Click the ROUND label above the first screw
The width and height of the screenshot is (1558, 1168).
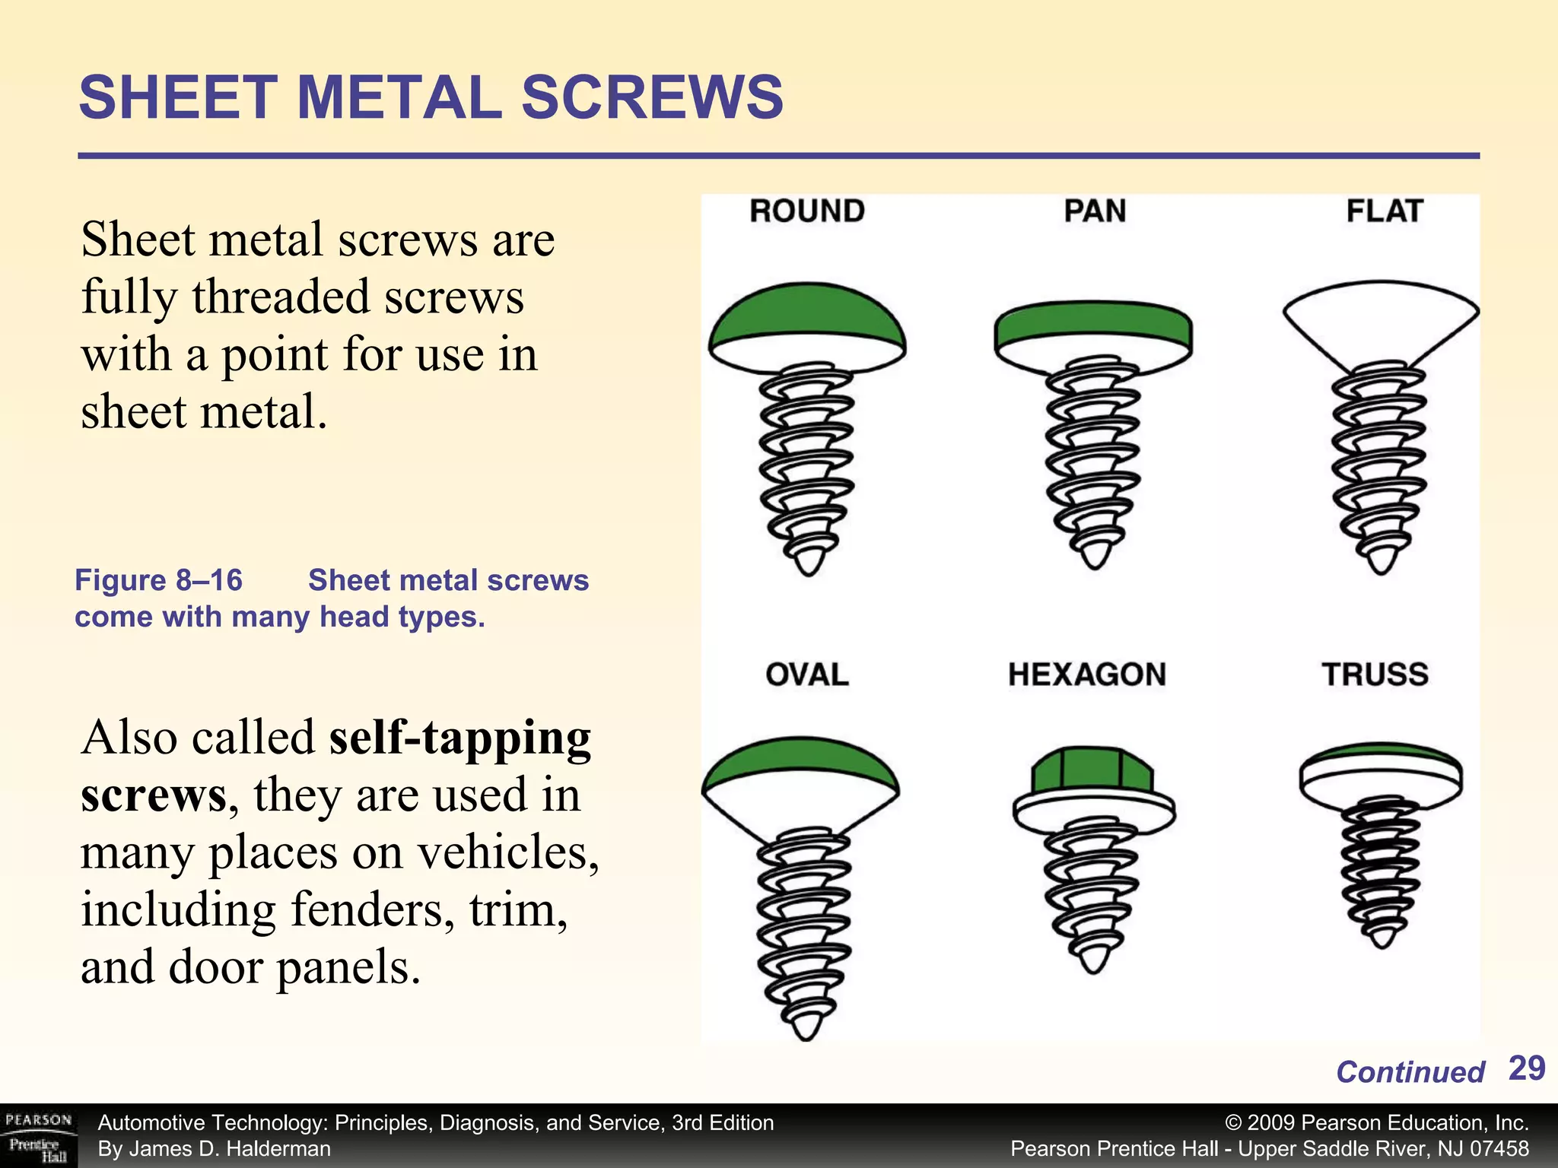coord(806,211)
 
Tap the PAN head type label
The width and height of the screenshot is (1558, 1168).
coord(1094,211)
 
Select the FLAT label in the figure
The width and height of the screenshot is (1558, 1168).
coord(1384,211)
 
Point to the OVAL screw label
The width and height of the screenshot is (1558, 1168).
coord(806,674)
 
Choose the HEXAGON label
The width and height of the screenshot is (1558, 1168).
coord(1086,674)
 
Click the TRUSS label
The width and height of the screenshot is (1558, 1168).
coord(1375,674)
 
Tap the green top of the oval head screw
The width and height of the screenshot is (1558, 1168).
coord(801,764)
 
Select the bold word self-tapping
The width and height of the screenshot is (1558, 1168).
coord(459,738)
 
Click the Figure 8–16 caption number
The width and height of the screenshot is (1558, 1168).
coord(158,580)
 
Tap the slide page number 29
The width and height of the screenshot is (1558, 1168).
coord(1526,1068)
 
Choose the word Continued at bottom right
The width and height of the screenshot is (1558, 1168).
coord(1410,1072)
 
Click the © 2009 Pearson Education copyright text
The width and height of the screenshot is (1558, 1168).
coord(1377,1123)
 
